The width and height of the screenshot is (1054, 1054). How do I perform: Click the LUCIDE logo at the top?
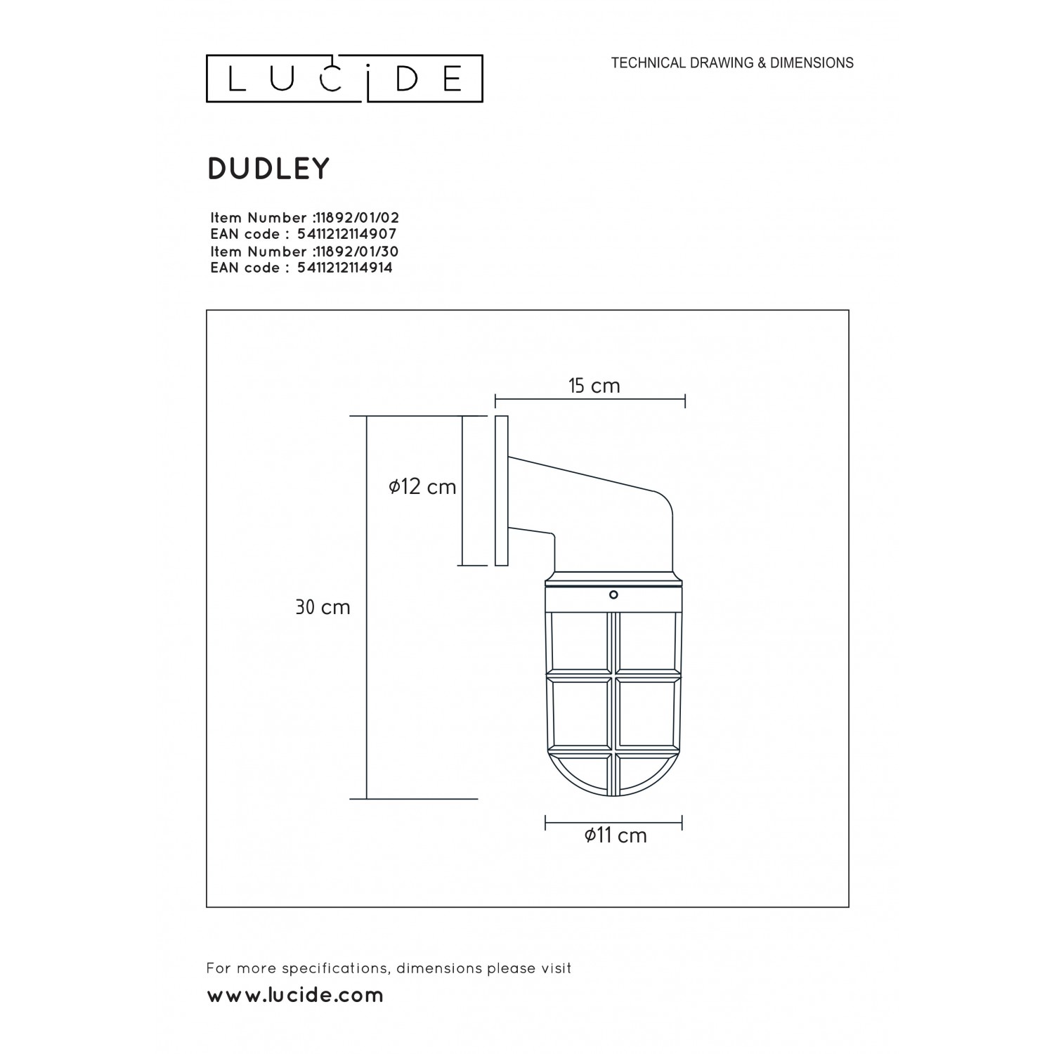click(344, 79)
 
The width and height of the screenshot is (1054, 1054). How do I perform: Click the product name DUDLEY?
click(268, 169)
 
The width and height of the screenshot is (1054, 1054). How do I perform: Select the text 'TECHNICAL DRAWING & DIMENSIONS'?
click(732, 63)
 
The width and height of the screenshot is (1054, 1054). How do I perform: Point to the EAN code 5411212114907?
click(347, 234)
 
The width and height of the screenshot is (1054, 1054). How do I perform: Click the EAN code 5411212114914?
click(345, 267)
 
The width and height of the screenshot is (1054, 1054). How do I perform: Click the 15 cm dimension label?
click(594, 385)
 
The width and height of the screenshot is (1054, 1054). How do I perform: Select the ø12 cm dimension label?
click(422, 486)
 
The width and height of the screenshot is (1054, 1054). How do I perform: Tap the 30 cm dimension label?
click(323, 607)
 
